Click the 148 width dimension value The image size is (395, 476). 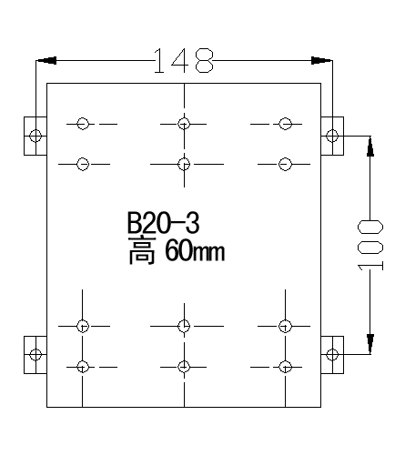pos(183,61)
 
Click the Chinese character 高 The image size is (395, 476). pos(143,251)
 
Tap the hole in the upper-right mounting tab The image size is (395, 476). pos(332,136)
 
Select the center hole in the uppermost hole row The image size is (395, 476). pos(184,123)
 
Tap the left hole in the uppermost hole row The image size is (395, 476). pos(83,123)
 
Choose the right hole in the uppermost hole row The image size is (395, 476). pos(285,123)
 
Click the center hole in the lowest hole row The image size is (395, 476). pos(184,366)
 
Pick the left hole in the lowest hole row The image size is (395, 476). pos(83,366)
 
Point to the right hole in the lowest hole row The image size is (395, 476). pos(285,366)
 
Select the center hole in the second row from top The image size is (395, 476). pos(184,164)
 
